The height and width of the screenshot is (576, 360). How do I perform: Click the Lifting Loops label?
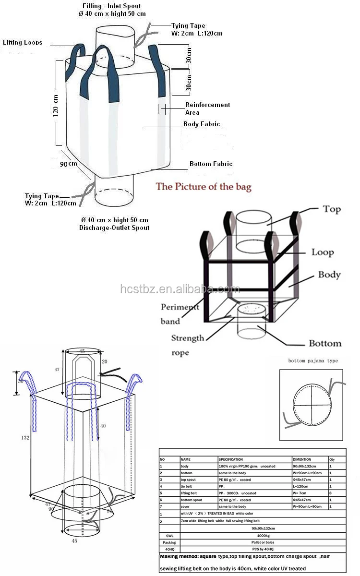pos(23,43)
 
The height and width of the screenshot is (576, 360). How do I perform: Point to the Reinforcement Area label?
pos(207,108)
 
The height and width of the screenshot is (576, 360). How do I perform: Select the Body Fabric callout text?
pos(202,124)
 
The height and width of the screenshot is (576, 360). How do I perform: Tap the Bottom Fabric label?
pos(211,164)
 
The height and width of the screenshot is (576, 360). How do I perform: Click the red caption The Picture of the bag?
pos(203,187)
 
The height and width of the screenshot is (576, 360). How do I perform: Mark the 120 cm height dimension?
pos(56,106)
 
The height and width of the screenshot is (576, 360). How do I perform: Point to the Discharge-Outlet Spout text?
pos(114,228)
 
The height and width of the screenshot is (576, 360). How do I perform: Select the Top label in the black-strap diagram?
pos(332,209)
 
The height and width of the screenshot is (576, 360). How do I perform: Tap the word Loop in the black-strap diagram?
pos(322,252)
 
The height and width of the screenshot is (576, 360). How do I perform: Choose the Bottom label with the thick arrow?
pos(325,343)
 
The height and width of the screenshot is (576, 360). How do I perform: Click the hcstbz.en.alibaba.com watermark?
pos(180,289)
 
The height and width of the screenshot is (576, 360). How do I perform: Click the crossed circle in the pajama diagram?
pos(311,404)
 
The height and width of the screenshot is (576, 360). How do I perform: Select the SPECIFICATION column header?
pos(231,459)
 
